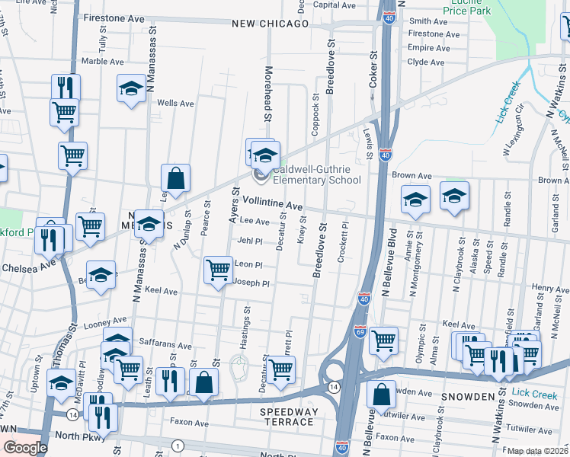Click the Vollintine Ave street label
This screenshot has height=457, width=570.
[x=273, y=203]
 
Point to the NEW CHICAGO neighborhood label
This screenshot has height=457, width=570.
[x=270, y=24]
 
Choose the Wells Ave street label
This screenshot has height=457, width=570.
[x=175, y=103]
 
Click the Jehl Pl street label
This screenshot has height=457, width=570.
[x=249, y=241]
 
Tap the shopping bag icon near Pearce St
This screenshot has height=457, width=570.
[x=176, y=178]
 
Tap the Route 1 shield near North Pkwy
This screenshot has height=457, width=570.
[x=178, y=445]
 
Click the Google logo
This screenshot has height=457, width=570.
[x=25, y=448]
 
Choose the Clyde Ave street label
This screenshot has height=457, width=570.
[x=425, y=62]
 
